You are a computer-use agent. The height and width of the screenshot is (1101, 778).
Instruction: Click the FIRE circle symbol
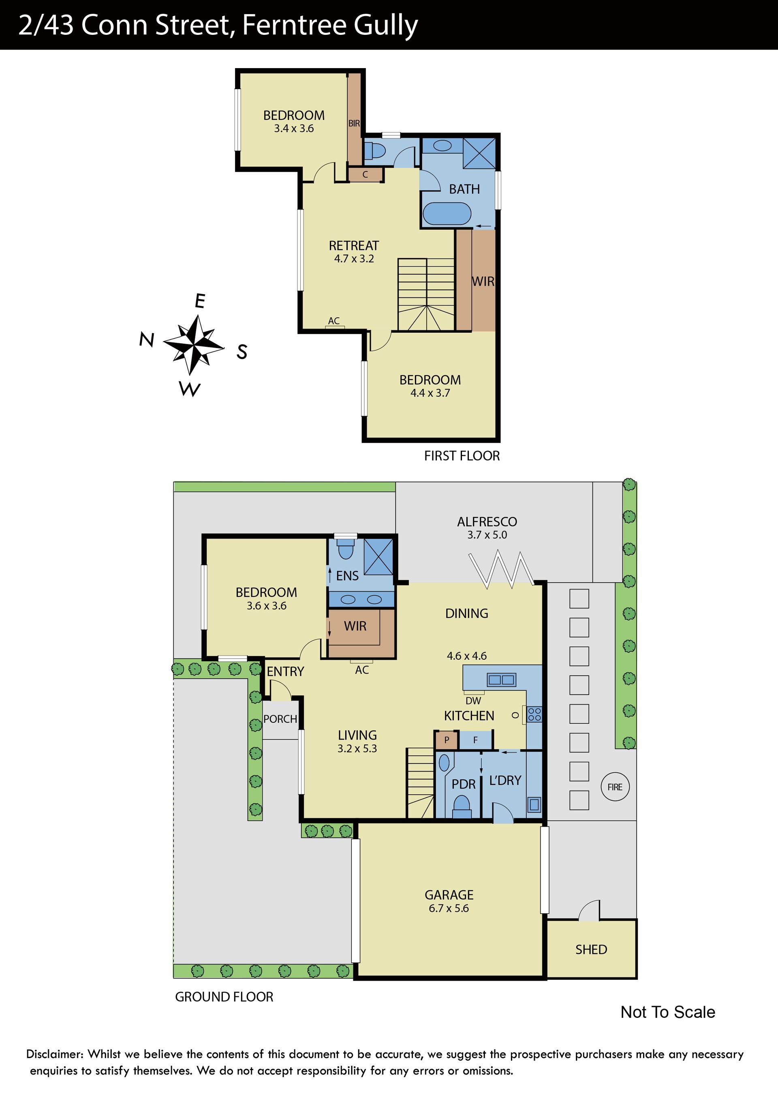pos(615,787)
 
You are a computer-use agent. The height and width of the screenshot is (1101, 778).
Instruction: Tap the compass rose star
pos(194,344)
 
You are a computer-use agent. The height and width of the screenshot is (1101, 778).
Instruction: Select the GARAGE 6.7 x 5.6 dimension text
pos(449,908)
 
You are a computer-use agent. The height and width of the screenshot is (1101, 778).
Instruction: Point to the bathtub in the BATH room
pos(447,214)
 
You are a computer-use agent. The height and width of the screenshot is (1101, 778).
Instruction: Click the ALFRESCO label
pos(487,522)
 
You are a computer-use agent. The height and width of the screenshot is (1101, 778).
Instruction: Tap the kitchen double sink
pos(501,680)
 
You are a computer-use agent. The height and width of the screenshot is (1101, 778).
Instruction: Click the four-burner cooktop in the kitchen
pos(534,714)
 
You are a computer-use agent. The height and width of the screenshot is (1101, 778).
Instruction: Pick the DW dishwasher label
pos(473,701)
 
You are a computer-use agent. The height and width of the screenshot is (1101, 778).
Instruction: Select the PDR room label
pos(463,784)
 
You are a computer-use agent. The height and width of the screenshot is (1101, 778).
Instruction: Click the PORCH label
pos(280,719)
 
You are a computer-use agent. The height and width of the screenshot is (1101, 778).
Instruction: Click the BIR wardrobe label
pos(354,123)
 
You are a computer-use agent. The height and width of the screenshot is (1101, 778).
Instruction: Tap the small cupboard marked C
pos(365,175)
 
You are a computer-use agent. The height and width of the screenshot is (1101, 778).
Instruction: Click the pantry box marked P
pos(447,740)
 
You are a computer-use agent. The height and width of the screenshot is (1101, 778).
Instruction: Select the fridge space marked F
pos(475,740)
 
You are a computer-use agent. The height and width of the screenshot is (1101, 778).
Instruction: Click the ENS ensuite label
pos(347,575)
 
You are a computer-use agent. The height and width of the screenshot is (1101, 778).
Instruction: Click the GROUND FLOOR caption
pos(224,997)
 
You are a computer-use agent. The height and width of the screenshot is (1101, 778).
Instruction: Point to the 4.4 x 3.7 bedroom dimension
pos(430,393)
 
